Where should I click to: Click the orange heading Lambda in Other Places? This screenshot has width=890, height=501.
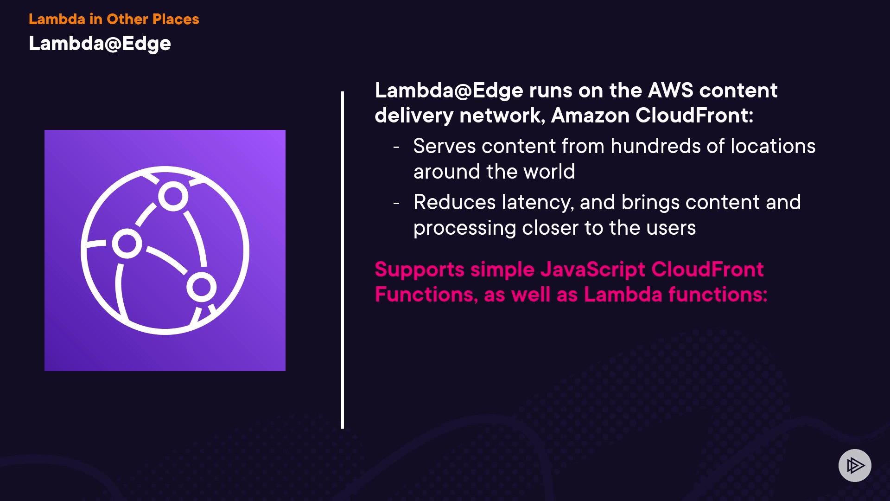[114, 19]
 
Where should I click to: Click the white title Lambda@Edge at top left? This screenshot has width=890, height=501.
[100, 44]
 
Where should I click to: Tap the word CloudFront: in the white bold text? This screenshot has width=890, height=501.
[694, 116]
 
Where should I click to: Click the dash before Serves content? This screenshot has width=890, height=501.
[396, 147]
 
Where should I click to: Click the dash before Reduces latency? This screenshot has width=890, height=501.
[396, 203]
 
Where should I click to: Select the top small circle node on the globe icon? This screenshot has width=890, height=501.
[173, 196]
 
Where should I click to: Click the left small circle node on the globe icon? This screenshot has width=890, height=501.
[127, 244]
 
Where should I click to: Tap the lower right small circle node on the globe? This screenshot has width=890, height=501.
[201, 287]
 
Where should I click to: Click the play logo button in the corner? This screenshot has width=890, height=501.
[855, 465]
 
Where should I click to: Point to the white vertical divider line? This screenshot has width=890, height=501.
[343, 260]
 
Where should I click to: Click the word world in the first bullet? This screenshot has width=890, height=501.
[549, 172]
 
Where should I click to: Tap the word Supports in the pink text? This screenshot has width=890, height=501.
[420, 270]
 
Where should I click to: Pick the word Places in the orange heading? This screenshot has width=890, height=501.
[176, 19]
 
